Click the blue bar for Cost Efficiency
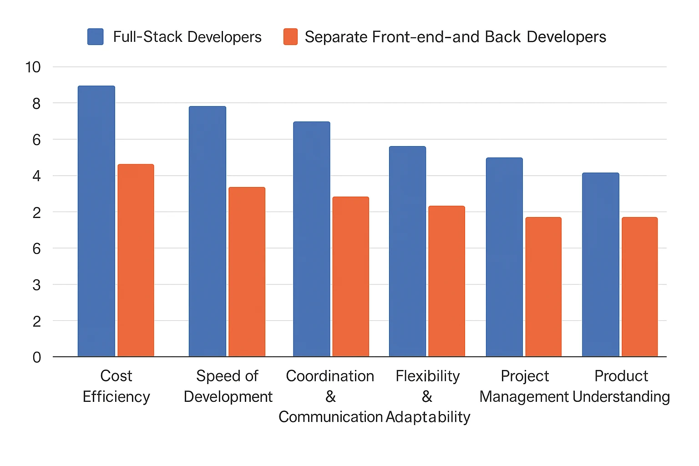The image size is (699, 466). [x=96, y=221]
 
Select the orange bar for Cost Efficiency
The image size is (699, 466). [x=136, y=260]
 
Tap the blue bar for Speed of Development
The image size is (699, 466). [x=207, y=231]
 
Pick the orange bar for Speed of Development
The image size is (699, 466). [x=247, y=272]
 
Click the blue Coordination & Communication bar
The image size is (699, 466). [x=311, y=239]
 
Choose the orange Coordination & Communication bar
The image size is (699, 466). [x=350, y=277]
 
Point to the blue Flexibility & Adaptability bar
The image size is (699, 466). [x=407, y=251]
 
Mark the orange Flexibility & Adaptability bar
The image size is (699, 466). [x=446, y=281]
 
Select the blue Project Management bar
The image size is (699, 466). [x=504, y=257]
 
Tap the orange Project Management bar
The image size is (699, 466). [x=543, y=287]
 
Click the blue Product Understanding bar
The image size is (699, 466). [x=600, y=264]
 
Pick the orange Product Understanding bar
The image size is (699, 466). [x=639, y=287]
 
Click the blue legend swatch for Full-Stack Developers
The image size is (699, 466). [x=96, y=37]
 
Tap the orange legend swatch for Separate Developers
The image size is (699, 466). [x=290, y=37]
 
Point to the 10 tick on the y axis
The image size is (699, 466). [x=33, y=67]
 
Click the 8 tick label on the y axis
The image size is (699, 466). [x=36, y=104]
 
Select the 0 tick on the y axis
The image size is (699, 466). [x=36, y=358]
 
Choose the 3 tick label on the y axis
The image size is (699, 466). [x=36, y=285]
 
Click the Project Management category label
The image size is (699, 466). [x=524, y=386]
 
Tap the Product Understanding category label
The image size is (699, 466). [x=621, y=386]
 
